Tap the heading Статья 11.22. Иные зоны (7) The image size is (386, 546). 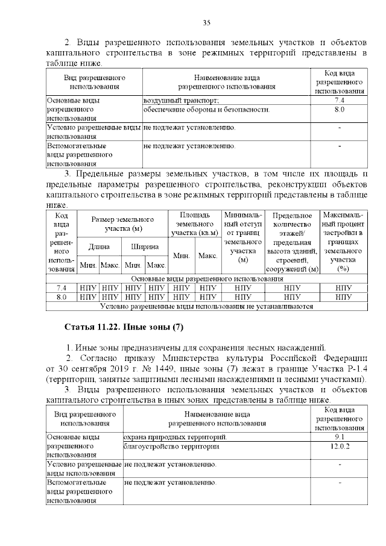(123, 327)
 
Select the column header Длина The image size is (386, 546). (99, 246)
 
